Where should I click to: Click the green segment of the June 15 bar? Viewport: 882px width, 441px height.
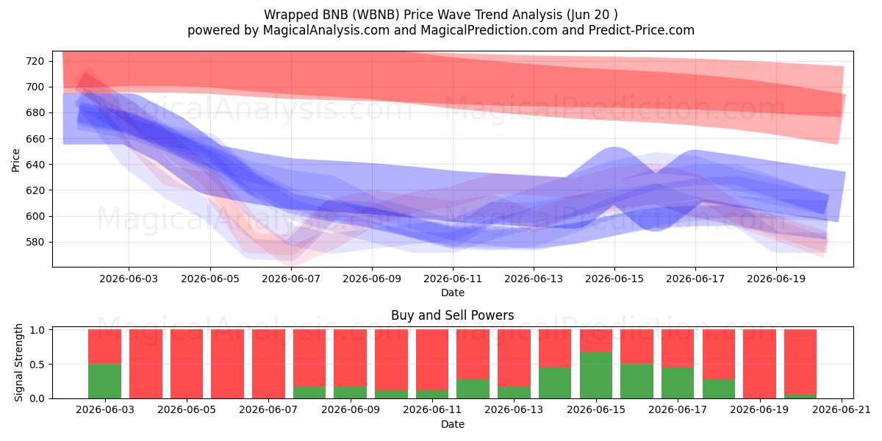596,376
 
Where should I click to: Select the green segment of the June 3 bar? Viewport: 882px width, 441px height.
104,381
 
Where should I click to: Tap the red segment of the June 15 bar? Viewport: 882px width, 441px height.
596,340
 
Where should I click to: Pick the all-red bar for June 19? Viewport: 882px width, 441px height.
759,364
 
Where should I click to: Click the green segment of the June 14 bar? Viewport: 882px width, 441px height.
555,383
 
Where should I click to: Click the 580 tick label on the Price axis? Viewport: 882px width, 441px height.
35,242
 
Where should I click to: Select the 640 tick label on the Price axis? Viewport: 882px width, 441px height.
35,165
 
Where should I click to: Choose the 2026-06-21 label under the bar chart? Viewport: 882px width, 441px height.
842,410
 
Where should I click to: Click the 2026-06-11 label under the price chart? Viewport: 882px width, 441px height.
453,279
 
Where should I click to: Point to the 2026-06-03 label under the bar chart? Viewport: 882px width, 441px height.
105,410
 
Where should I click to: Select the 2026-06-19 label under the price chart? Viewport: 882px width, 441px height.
776,279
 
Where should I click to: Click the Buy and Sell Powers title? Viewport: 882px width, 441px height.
453,315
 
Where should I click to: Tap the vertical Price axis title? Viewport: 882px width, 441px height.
15,161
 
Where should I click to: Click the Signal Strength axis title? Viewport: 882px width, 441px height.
18,362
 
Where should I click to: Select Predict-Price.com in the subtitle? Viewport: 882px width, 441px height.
642,30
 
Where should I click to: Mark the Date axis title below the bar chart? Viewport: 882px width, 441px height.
453,424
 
